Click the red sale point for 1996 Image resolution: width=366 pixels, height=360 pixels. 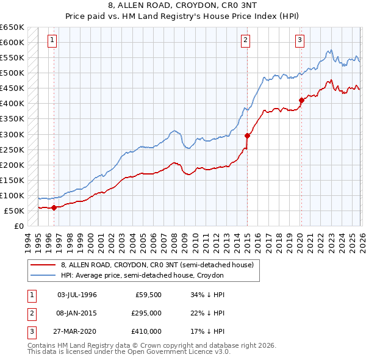(x=54, y=207)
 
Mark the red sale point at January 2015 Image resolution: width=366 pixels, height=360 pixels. (x=247, y=135)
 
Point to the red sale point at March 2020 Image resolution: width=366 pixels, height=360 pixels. (x=301, y=100)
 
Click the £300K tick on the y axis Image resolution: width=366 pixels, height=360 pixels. (x=12, y=134)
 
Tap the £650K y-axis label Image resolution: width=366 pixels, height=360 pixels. (x=12, y=27)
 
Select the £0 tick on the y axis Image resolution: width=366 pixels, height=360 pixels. (x=19, y=226)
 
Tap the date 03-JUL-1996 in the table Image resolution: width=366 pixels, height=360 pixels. (x=77, y=295)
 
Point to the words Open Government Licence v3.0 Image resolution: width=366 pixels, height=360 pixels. (x=177, y=352)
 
